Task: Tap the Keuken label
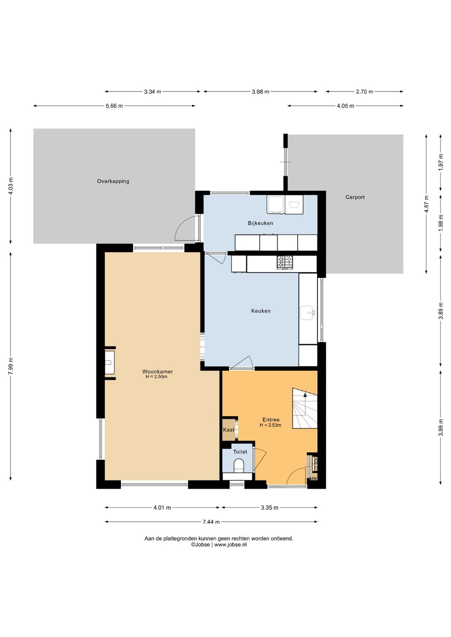pos(261,311)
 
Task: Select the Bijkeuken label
pos(260,223)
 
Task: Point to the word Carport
pos(355,197)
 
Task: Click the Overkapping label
pos(113,181)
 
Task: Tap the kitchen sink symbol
pos(307,313)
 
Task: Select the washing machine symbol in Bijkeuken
pos(294,205)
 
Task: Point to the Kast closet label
pos(228,430)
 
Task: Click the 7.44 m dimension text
pos(211,522)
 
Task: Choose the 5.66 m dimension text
pos(114,106)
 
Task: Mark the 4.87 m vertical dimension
pos(426,204)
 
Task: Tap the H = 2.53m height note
pos(270,425)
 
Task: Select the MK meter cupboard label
pos(313,479)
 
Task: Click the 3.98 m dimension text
pos(260,91)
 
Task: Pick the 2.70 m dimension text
pos(364,91)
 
